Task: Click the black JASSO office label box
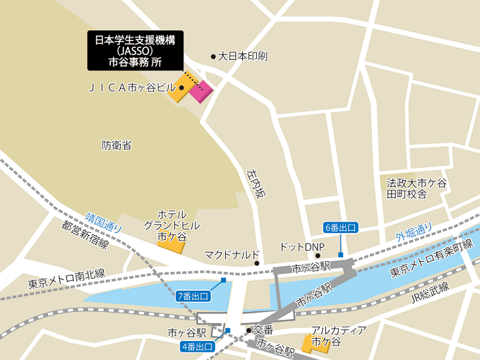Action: click(x=134, y=50)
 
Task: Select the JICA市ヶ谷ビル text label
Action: click(x=132, y=88)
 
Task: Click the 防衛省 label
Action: click(x=116, y=145)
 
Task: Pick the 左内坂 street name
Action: click(x=257, y=183)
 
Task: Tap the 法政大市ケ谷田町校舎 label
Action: click(x=416, y=188)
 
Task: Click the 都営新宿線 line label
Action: click(x=84, y=234)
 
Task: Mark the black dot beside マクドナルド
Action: click(x=257, y=263)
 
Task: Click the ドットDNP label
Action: click(x=296, y=246)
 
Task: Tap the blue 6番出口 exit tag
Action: click(x=341, y=227)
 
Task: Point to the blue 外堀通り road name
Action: click(x=414, y=231)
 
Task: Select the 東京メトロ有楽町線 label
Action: click(x=431, y=258)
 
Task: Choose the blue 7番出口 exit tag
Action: click(x=193, y=296)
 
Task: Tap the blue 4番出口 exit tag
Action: click(x=199, y=346)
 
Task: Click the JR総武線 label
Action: click(x=430, y=292)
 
